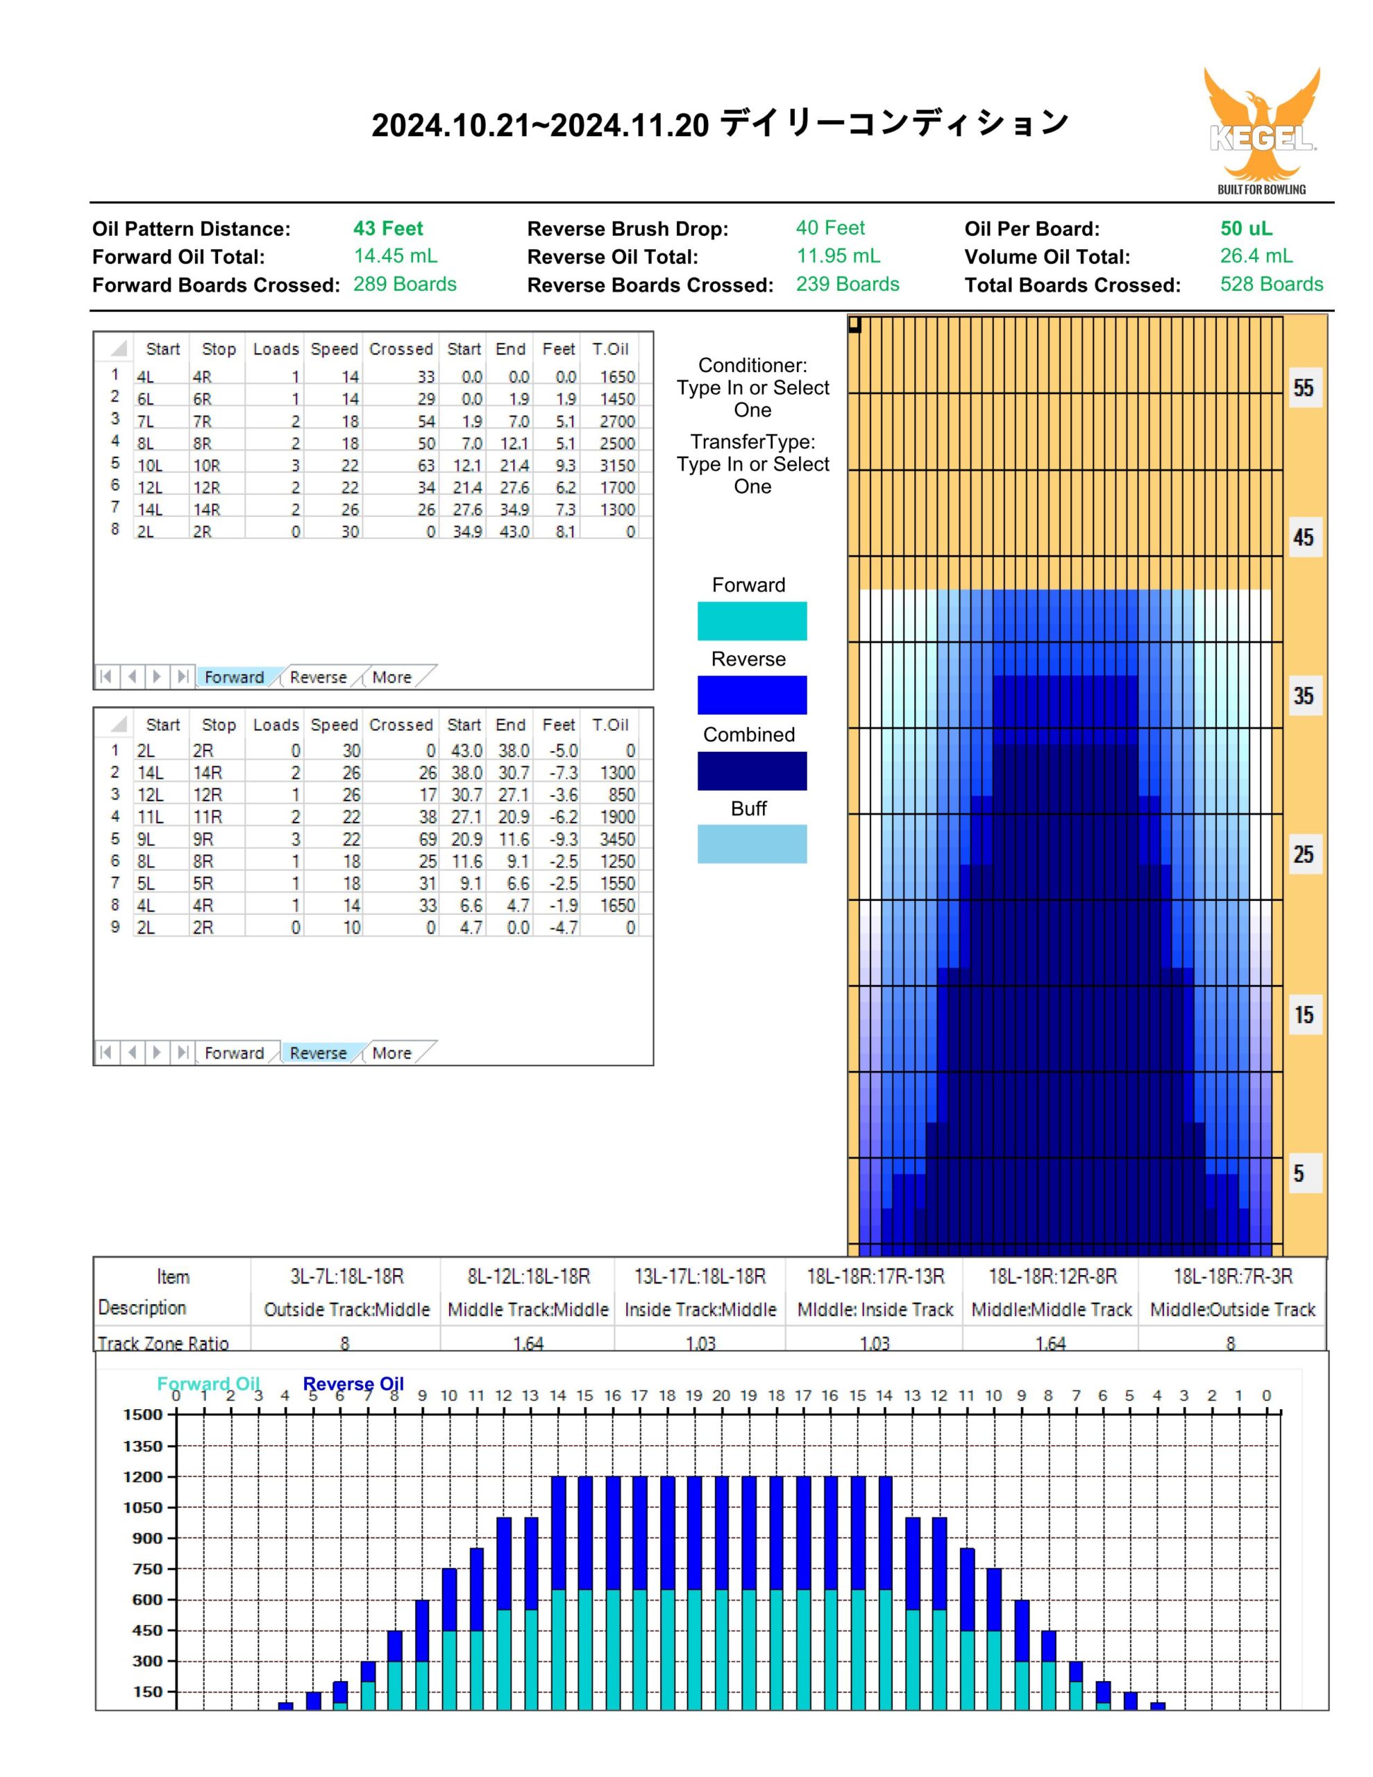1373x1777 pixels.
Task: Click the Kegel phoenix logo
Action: coord(1261,130)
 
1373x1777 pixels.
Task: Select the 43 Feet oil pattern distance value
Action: coord(388,228)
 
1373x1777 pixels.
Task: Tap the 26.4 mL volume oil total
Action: coord(1256,256)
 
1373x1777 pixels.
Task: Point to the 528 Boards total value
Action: coord(1271,284)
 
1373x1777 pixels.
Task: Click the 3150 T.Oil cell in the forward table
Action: coord(617,465)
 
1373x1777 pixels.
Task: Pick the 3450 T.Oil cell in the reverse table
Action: coord(617,839)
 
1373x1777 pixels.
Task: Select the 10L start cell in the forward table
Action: coord(150,465)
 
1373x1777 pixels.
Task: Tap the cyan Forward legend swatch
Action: coord(752,621)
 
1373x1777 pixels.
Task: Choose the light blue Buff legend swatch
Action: coord(752,844)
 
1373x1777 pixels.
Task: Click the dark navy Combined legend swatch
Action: coord(752,770)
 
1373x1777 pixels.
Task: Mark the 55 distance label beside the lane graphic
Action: coord(1304,388)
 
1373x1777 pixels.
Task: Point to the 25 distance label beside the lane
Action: coord(1304,854)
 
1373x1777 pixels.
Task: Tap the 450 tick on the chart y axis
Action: coord(148,1630)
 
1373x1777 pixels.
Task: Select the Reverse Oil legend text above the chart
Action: coord(353,1384)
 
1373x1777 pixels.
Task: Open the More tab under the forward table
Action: coord(391,677)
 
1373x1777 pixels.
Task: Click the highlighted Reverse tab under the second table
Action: coord(318,1053)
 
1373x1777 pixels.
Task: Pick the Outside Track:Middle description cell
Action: coord(346,1309)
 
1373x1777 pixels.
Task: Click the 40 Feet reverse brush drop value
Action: coord(830,228)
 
